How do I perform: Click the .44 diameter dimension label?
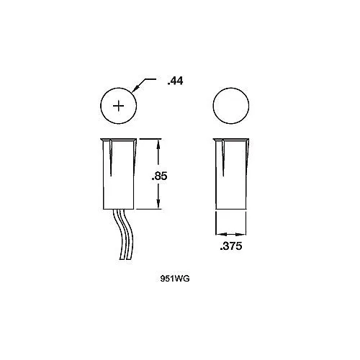[x=175, y=81]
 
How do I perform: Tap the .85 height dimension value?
[x=159, y=176]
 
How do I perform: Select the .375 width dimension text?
[x=231, y=246]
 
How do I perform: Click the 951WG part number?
[x=175, y=279]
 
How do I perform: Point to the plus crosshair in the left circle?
[x=118, y=106]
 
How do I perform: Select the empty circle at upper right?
[x=231, y=106]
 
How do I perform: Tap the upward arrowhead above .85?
[x=158, y=145]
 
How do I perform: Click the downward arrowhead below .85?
[x=158, y=203]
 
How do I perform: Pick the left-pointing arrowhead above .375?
[x=221, y=234]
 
